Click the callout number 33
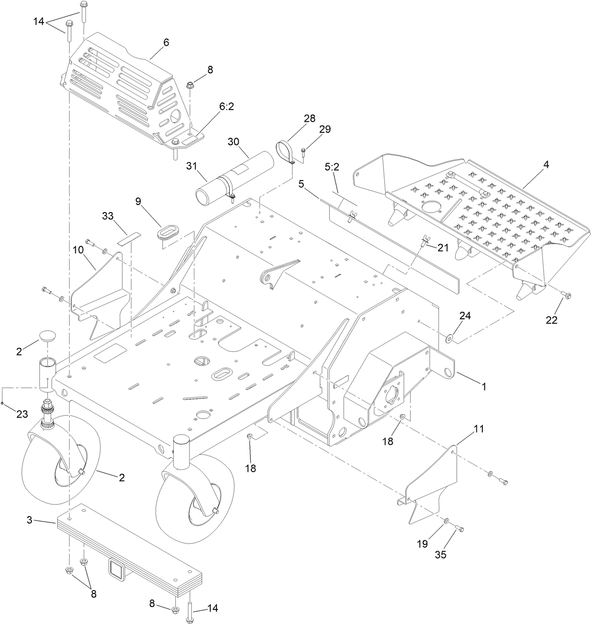tap(108, 216)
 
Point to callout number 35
tap(441, 554)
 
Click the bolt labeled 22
tap(566, 295)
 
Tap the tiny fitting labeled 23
tap(3, 403)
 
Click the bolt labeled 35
tap(459, 528)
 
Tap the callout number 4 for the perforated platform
tap(546, 165)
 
